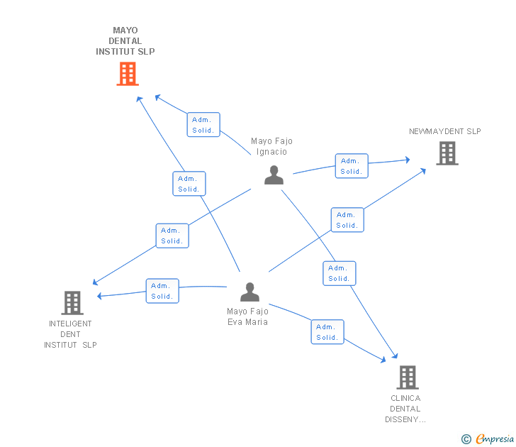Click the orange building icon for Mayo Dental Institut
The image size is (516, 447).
pyautogui.click(x=128, y=74)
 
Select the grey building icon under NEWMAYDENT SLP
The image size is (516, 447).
pyautogui.click(x=447, y=153)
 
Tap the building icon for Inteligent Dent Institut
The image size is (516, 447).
pyautogui.click(x=72, y=303)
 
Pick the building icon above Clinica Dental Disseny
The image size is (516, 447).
pyautogui.click(x=408, y=377)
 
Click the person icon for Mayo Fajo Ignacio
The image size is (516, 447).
pyautogui.click(x=274, y=175)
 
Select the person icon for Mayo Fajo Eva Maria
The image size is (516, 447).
pyautogui.click(x=249, y=292)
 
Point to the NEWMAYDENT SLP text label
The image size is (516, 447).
pyautogui.click(x=445, y=131)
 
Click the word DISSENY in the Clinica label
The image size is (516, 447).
pyautogui.click(x=402, y=419)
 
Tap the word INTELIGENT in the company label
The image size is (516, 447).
pyautogui.click(x=70, y=324)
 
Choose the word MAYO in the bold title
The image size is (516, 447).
pyautogui.click(x=125, y=31)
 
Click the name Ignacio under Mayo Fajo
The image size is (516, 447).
pyautogui.click(x=272, y=152)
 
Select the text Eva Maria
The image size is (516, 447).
pyautogui.click(x=248, y=322)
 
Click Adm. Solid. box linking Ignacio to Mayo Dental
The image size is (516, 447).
pyautogui.click(x=203, y=124)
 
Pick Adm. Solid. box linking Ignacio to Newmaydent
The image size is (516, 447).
pyautogui.click(x=352, y=166)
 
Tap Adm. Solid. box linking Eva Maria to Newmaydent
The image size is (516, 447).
pyautogui.click(x=347, y=220)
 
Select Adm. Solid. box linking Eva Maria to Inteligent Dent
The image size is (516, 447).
pyautogui.click(x=162, y=291)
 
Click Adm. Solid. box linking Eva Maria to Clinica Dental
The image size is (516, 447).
pyautogui.click(x=327, y=332)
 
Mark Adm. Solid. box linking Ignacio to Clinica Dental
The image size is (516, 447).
pyautogui.click(x=340, y=273)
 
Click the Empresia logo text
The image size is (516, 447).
pyautogui.click(x=495, y=438)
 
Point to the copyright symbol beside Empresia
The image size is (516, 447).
pyautogui.click(x=466, y=439)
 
